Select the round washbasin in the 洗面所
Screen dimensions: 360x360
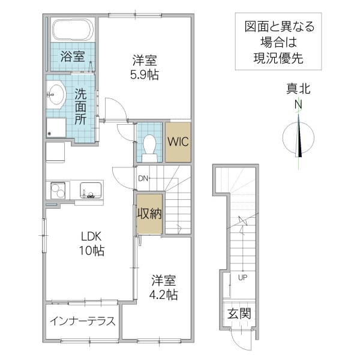tap(57, 93)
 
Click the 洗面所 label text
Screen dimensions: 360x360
tap(80, 106)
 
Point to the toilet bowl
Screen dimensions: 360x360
tap(150, 145)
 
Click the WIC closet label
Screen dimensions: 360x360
tap(178, 142)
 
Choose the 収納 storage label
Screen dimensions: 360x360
tap(149, 214)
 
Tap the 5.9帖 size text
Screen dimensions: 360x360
tap(145, 76)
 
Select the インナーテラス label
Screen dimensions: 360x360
tap(82, 320)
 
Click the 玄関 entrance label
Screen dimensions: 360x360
tap(239, 313)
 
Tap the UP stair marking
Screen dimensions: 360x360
tap(243, 278)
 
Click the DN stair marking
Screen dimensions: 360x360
tap(143, 178)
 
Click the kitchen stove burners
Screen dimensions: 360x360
tap(58, 190)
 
